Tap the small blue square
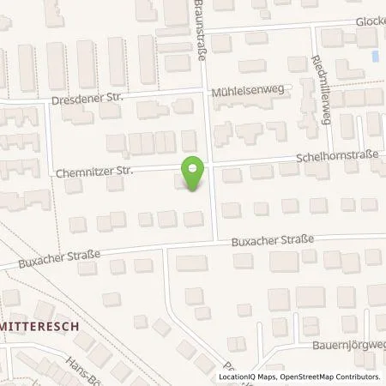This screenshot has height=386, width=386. pyautogui.click(x=376, y=57)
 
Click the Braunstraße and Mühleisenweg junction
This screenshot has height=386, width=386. pyautogui.click(x=208, y=91)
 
